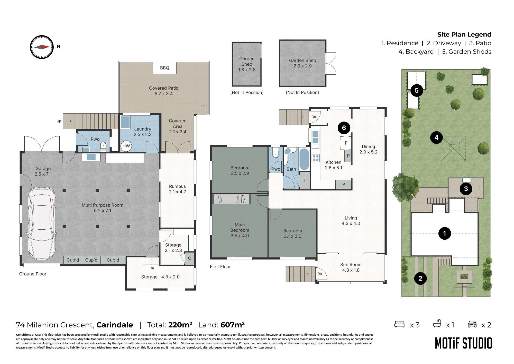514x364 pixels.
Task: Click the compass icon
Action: pyautogui.click(x=42, y=47)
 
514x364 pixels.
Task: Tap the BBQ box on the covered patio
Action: pyautogui.click(x=165, y=68)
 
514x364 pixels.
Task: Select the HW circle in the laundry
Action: pyautogui.click(x=126, y=146)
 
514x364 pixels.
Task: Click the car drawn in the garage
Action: pyautogui.click(x=42, y=223)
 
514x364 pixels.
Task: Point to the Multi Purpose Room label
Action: pyautogui.click(x=103, y=208)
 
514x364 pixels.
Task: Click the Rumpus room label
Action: pyautogui.click(x=177, y=189)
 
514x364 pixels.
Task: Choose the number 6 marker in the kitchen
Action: pyautogui.click(x=344, y=128)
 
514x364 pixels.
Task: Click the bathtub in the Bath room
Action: pyautogui.click(x=304, y=159)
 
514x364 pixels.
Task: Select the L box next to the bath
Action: pyautogui.click(x=305, y=181)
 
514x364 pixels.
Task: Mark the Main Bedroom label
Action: pyautogui.click(x=240, y=230)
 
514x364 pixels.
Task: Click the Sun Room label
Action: pyautogui.click(x=351, y=267)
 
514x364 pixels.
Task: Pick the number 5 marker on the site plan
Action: pyautogui.click(x=417, y=90)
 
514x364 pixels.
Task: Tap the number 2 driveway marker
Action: pyautogui.click(x=420, y=278)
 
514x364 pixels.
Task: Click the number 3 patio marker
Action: pyautogui.click(x=466, y=189)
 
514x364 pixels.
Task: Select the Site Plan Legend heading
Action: pyautogui.click(x=464, y=34)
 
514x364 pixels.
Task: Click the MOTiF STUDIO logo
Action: pyautogui.click(x=464, y=343)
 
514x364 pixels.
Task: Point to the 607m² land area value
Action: pyautogui.click(x=233, y=325)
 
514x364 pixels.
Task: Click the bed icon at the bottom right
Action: pyautogui.click(x=400, y=324)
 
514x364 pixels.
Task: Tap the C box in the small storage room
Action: pyautogui.click(x=189, y=258)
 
